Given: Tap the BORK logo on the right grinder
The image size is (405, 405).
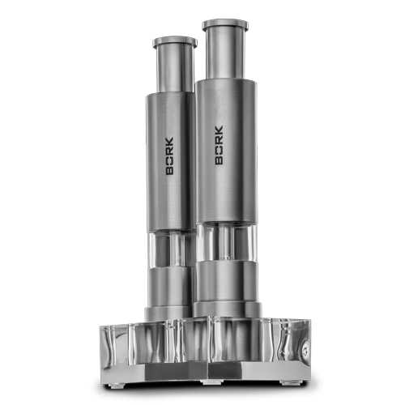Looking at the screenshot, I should pyautogui.click(x=220, y=143).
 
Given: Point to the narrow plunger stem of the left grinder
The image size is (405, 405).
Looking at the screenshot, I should pyautogui.click(x=173, y=69).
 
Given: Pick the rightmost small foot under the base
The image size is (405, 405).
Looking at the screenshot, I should pyautogui.click(x=285, y=374).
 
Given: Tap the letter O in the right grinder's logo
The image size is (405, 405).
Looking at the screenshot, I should pyautogui.click(x=220, y=149).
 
